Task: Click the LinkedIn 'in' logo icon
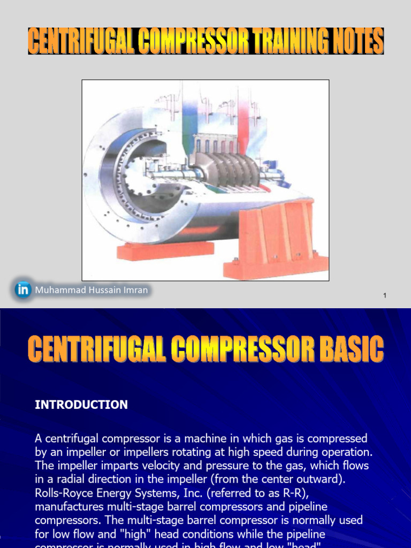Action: pyautogui.click(x=22, y=290)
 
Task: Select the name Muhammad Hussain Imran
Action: pyautogui.click(x=91, y=290)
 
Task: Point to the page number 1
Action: pyautogui.click(x=385, y=296)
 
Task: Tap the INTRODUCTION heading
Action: pyautogui.click(x=81, y=405)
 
